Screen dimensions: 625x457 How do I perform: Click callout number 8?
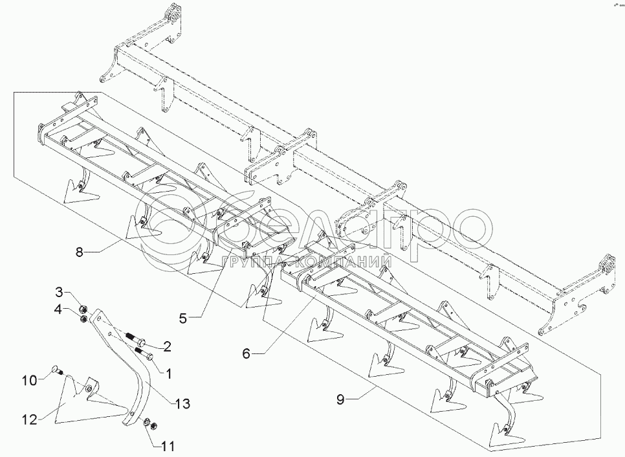[x=80, y=252]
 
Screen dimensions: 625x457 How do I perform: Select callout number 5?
[x=182, y=318]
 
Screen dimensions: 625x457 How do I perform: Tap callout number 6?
[x=247, y=353]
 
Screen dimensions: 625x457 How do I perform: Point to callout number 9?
[x=340, y=399]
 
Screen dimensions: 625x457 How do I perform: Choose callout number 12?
[x=30, y=419]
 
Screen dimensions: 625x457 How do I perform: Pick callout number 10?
[x=30, y=379]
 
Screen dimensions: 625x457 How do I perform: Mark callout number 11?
[x=168, y=446]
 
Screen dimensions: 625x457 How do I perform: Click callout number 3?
[x=59, y=293]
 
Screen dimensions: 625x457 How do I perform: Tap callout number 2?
[x=167, y=346]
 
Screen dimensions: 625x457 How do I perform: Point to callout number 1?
[x=168, y=373]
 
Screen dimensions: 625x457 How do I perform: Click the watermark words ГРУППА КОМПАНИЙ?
[x=306, y=262]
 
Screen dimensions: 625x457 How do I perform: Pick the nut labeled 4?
[x=83, y=318]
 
